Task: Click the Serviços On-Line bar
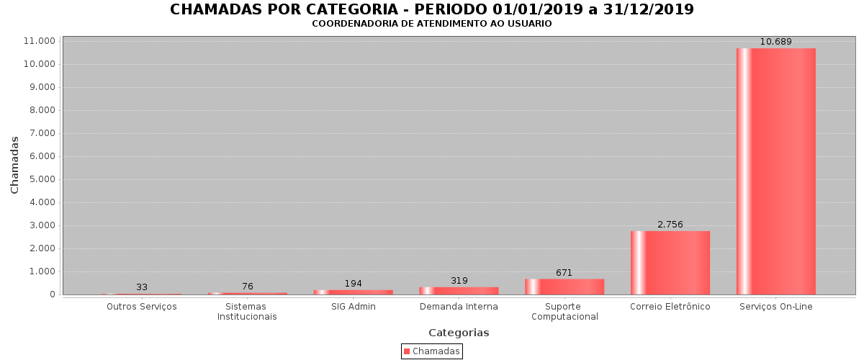[776, 171]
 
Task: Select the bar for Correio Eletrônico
[670, 263]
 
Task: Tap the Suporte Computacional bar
[564, 287]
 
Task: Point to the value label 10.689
[776, 42]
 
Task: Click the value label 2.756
[670, 225]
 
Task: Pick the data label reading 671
[564, 273]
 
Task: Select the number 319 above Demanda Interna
[459, 281]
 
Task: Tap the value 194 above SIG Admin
[353, 284]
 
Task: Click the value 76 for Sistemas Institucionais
[248, 287]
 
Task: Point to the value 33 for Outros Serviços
[142, 287]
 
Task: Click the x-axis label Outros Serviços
[142, 307]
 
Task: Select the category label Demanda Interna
[459, 307]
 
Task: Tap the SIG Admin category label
[353, 307]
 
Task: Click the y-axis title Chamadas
[15, 164]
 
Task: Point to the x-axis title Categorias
[459, 333]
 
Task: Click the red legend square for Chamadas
[407, 351]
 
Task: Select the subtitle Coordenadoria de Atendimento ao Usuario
[432, 24]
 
